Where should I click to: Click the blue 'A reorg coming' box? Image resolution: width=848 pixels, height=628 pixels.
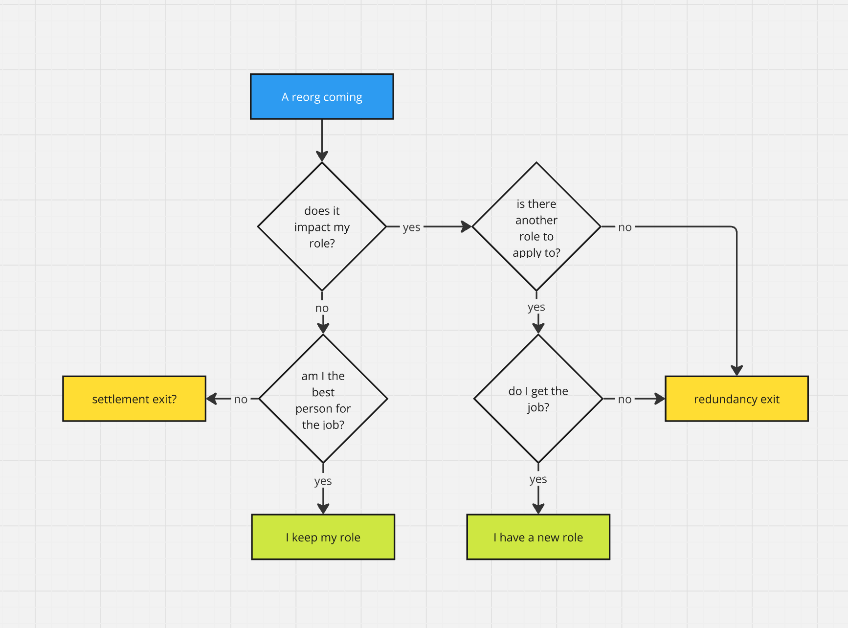click(322, 97)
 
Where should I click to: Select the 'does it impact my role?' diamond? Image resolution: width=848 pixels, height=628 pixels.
click(322, 226)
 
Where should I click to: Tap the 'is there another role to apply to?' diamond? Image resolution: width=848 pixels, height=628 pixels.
click(536, 226)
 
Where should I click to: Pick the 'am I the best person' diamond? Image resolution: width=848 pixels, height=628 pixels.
click(323, 399)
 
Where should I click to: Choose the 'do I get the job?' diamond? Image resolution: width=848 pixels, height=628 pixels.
click(538, 399)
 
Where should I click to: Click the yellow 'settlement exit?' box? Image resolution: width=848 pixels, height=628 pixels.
click(134, 399)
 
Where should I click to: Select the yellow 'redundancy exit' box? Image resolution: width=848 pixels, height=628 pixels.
click(736, 399)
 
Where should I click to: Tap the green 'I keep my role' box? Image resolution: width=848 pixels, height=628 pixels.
click(323, 537)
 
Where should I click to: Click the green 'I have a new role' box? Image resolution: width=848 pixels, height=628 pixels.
click(538, 537)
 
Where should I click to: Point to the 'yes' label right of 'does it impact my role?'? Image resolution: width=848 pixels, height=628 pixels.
click(411, 227)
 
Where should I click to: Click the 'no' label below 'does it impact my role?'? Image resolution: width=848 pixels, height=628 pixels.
click(322, 308)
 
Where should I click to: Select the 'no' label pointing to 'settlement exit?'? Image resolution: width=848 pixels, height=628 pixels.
click(241, 399)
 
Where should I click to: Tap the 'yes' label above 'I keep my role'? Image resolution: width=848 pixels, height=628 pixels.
click(323, 481)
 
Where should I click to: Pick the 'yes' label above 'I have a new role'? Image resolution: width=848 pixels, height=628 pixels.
click(538, 479)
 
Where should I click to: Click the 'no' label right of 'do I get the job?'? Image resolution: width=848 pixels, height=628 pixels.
click(625, 399)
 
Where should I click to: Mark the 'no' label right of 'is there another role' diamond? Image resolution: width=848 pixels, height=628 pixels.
click(625, 227)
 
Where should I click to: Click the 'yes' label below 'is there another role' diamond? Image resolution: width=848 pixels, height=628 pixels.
click(536, 307)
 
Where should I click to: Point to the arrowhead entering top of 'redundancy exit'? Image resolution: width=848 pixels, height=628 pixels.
click(736, 370)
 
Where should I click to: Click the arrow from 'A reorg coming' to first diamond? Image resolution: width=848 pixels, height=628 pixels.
click(322, 139)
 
